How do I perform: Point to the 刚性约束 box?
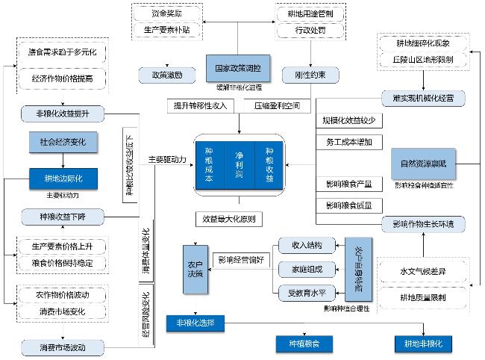(x=306, y=75)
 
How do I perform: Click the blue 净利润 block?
(x=240, y=164)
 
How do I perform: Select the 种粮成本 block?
(x=210, y=164)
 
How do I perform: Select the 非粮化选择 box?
(x=195, y=323)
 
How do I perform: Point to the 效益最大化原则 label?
(x=228, y=219)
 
